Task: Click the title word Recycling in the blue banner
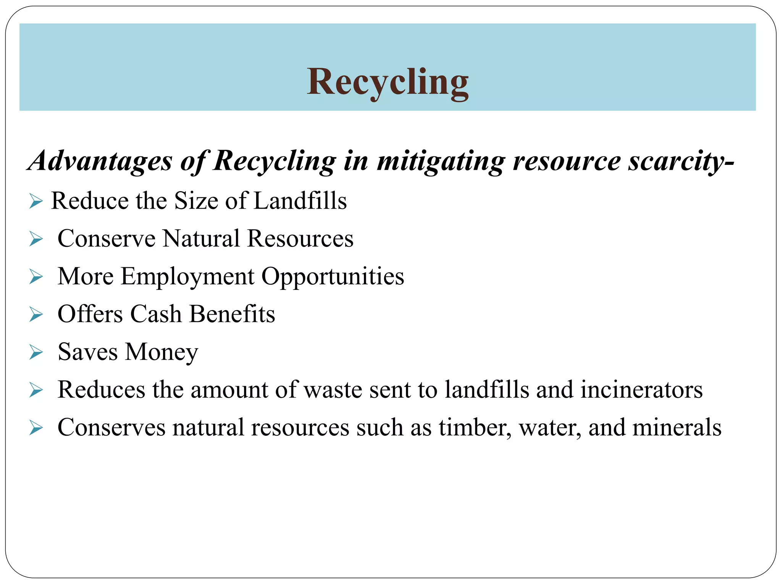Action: pyautogui.click(x=388, y=82)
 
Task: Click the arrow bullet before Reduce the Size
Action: pyautogui.click(x=36, y=201)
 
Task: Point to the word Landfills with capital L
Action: pyautogui.click(x=300, y=201)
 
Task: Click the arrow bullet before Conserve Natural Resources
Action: pyautogui.click(x=36, y=239)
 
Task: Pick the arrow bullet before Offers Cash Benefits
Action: pyautogui.click(x=36, y=315)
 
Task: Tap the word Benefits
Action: pyautogui.click(x=232, y=314)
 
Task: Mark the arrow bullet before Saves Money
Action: pyautogui.click(x=36, y=353)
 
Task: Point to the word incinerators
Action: pyautogui.click(x=641, y=390)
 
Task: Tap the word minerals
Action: pyautogui.click(x=677, y=428)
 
